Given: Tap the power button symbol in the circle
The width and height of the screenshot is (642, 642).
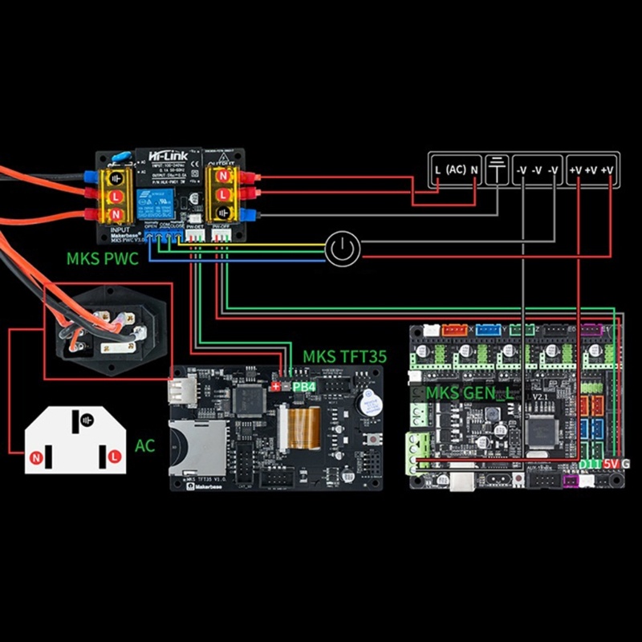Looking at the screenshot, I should (x=343, y=250).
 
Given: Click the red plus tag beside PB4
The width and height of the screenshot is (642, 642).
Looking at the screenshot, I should (x=277, y=387).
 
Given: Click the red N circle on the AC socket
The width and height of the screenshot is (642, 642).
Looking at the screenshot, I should (x=35, y=458).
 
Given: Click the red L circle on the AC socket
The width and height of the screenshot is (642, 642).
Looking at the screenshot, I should (x=114, y=456).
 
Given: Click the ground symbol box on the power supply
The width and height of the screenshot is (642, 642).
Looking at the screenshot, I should (x=498, y=169).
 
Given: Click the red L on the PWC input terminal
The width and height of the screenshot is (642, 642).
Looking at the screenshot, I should (x=116, y=195).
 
